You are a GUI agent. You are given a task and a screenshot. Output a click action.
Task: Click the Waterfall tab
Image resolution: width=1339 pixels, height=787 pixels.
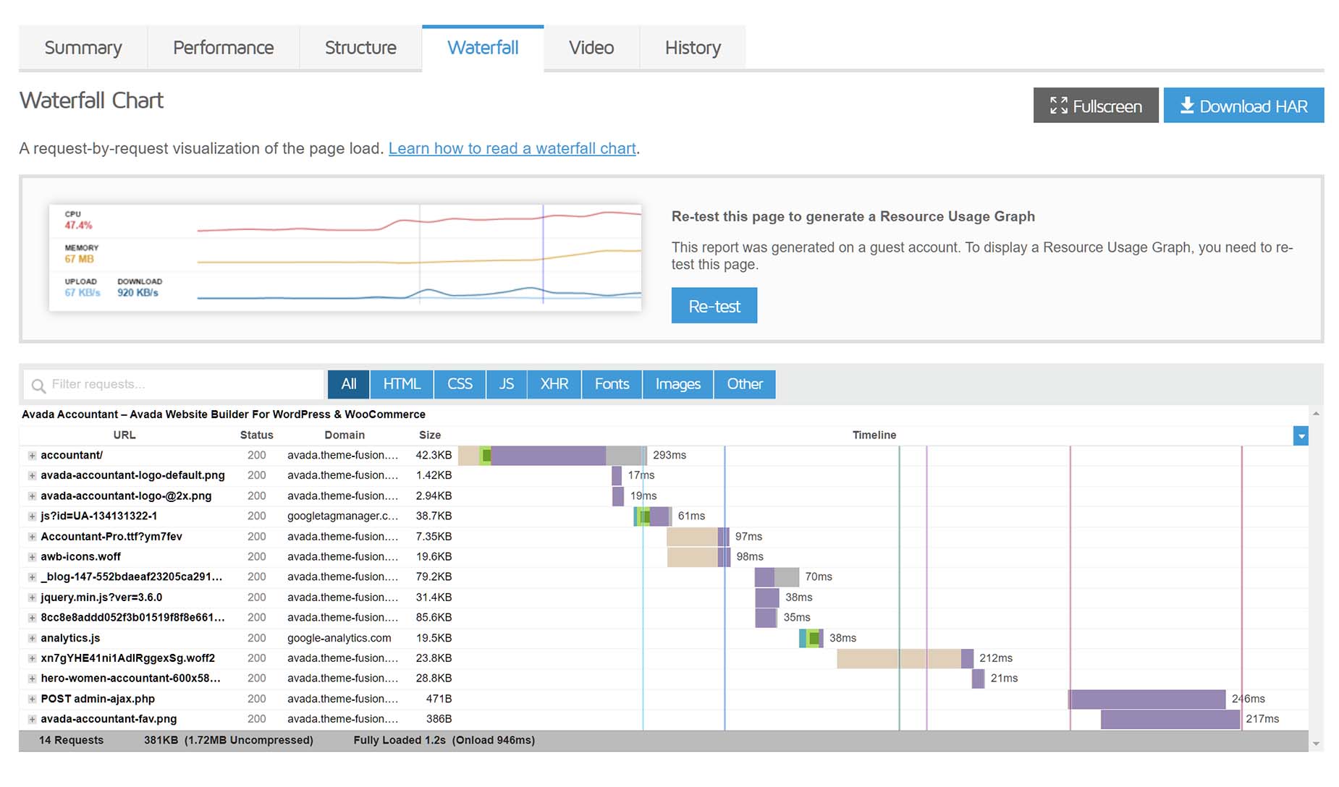(x=483, y=48)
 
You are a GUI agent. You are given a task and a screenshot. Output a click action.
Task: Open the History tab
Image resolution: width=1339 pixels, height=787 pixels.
(x=693, y=48)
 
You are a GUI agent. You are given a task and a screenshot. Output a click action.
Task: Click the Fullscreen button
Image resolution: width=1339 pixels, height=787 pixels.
(x=1096, y=106)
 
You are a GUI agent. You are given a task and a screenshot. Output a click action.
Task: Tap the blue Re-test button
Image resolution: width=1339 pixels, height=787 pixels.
(x=714, y=306)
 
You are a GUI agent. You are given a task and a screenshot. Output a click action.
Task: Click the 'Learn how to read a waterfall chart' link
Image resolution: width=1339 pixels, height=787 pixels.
(x=512, y=148)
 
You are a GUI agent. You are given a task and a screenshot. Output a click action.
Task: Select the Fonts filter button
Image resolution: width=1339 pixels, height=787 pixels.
(x=612, y=384)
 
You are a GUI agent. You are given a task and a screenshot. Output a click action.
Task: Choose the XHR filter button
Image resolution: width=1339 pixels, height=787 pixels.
(x=554, y=384)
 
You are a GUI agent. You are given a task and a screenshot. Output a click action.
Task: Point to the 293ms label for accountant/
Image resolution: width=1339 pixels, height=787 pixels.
(x=669, y=455)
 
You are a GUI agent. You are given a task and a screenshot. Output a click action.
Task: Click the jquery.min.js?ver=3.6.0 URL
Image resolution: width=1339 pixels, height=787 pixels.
(x=101, y=597)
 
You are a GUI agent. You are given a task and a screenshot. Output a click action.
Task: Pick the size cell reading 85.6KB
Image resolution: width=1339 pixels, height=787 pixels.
(x=434, y=618)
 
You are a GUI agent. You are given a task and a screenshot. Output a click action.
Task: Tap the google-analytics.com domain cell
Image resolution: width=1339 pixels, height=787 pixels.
(x=339, y=638)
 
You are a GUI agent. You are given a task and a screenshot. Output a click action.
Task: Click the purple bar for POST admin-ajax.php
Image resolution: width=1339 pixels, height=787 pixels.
(x=1147, y=699)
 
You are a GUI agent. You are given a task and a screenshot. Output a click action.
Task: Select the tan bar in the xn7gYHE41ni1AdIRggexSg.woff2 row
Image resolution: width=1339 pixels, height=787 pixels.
(x=899, y=658)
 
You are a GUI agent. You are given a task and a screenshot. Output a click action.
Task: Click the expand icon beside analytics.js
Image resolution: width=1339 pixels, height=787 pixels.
(x=32, y=639)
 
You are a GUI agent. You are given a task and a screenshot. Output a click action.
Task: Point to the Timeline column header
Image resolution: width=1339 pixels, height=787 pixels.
(x=874, y=435)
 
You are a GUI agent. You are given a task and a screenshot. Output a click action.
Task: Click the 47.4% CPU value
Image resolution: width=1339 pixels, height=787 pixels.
(x=78, y=225)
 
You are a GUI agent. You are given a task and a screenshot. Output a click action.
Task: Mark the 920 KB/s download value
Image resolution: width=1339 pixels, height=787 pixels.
(x=138, y=292)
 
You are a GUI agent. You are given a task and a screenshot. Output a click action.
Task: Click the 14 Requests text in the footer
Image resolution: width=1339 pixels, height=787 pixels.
(x=71, y=740)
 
